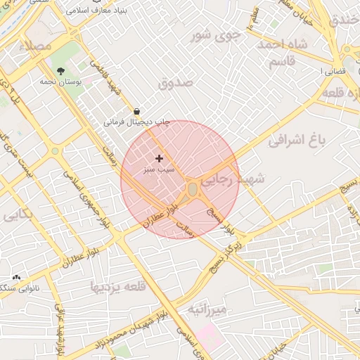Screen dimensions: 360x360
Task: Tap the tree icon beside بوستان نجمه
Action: (61, 71)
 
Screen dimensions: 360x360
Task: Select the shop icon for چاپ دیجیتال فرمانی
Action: (136, 111)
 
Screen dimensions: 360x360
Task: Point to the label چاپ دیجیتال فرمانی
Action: (137, 122)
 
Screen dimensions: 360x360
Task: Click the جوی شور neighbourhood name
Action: (217, 34)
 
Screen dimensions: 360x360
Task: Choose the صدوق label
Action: (175, 83)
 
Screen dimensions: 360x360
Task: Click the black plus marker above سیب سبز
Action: (159, 159)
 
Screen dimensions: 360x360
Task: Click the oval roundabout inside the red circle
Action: (193, 190)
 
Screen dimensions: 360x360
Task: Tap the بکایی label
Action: (17, 215)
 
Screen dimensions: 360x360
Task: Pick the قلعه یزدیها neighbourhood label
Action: (117, 287)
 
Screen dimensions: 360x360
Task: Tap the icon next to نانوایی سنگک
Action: (15, 278)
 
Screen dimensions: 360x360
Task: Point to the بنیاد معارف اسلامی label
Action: (115, 12)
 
